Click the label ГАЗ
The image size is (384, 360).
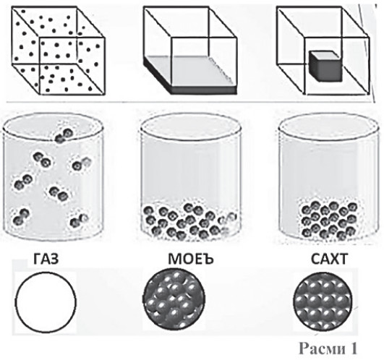tap(46, 259)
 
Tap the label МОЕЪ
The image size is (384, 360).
tap(191, 259)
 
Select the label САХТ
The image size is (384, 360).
tap(329, 259)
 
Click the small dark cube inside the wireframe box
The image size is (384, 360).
tap(325, 66)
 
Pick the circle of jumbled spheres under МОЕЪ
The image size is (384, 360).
tap(174, 299)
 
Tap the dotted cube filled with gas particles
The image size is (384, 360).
tap(59, 51)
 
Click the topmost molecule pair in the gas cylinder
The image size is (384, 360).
tap(64, 136)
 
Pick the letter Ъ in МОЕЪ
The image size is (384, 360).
tap(208, 260)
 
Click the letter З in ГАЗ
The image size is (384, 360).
tap(55, 259)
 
